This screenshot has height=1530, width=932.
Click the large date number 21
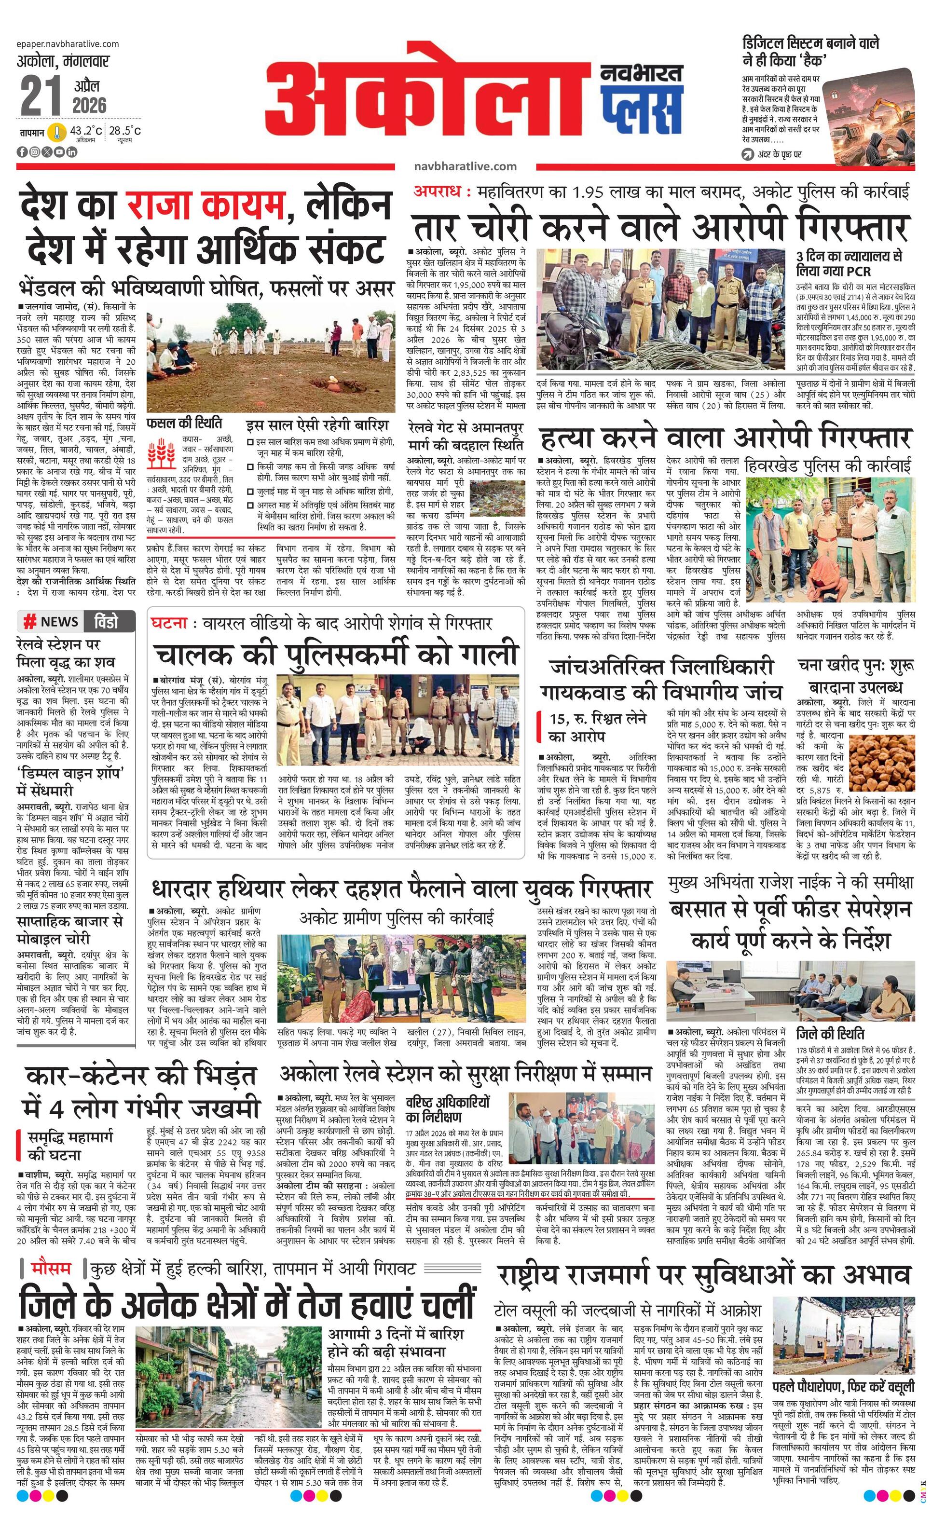point(41,96)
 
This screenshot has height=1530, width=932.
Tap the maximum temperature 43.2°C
point(86,131)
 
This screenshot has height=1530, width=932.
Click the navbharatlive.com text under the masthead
point(465,166)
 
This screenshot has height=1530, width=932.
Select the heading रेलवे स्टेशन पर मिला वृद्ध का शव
point(67,653)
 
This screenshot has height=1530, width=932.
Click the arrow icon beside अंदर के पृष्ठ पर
point(748,154)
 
